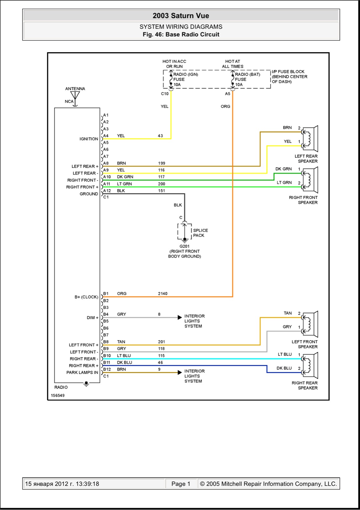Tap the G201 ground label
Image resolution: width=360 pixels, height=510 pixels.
point(184,246)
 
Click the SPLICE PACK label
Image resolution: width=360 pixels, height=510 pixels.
point(200,233)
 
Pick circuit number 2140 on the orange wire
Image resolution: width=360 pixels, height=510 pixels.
point(163,294)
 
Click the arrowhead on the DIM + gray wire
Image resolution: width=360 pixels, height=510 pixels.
point(180,317)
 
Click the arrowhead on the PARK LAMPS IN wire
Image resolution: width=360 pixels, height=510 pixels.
point(180,373)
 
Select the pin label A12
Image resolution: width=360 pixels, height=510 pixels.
point(107,191)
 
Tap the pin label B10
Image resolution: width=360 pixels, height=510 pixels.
point(107,356)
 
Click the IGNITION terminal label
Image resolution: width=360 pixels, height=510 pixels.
point(89,139)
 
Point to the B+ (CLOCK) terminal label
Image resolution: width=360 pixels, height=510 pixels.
point(86,297)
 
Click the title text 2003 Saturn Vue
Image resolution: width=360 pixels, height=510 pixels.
point(181,16)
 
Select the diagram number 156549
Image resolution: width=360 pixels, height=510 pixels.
point(58,396)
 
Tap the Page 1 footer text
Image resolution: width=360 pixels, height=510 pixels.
point(181,484)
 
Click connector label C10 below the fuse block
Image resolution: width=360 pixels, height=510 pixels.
point(165,94)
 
